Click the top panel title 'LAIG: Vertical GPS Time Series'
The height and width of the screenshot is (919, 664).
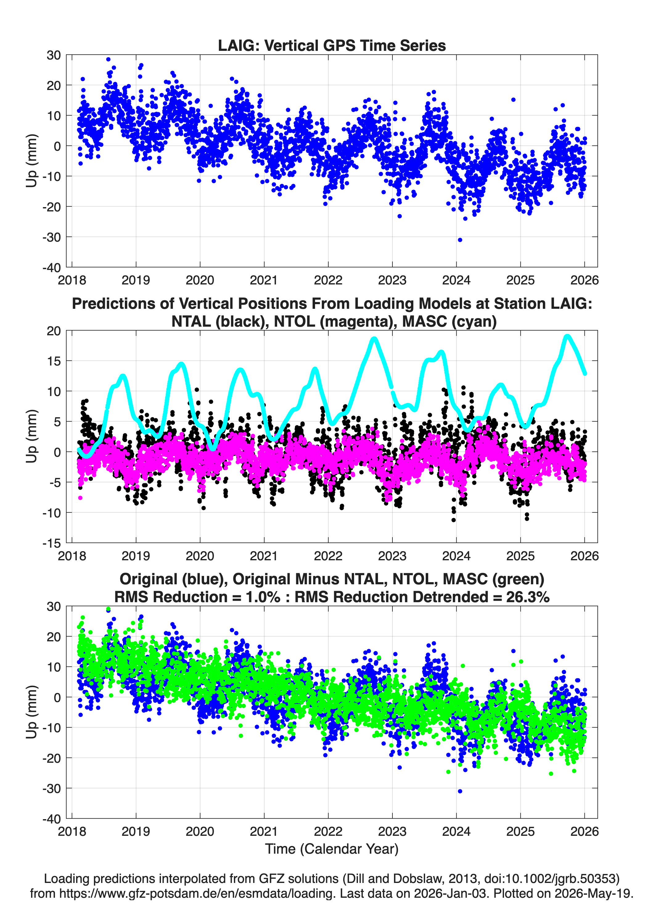pos(332,45)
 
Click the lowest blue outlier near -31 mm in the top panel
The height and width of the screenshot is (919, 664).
pos(460,240)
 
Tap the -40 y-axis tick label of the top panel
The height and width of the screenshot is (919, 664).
pos(52,268)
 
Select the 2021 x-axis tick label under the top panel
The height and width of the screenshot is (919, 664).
pos(264,280)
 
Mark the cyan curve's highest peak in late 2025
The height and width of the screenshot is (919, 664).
pos(568,336)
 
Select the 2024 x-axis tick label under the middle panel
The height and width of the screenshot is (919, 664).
pos(457,556)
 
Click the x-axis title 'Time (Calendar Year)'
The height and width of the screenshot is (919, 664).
pos(332,848)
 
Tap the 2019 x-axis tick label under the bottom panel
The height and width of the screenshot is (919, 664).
pos(136,831)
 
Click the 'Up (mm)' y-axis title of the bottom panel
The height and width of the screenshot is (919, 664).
pos(32,712)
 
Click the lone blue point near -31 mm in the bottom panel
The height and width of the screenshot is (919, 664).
pos(460,791)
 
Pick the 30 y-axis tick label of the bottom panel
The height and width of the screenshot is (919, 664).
pos(54,607)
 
